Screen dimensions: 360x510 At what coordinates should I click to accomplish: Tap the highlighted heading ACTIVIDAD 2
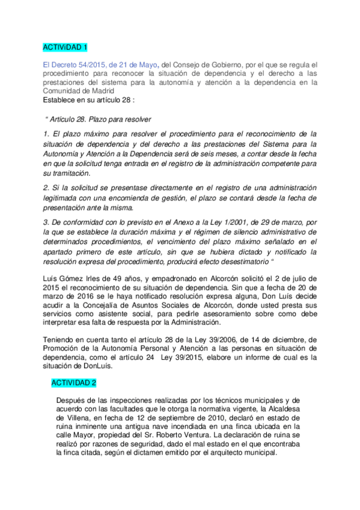(x=73, y=382)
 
